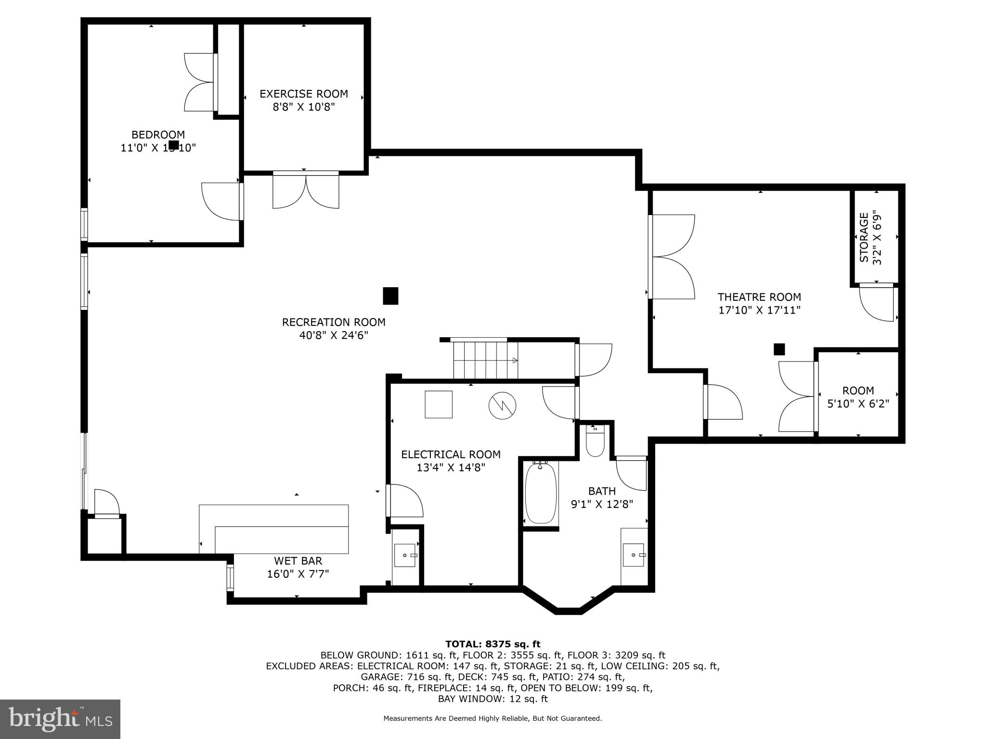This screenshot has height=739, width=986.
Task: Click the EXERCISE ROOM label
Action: (304, 94)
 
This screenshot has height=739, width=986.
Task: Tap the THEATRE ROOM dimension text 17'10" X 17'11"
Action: (759, 310)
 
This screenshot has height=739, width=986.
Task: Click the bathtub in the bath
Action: (541, 493)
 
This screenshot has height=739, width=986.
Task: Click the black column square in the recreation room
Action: (390, 296)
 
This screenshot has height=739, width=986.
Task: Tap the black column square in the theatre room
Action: (779, 349)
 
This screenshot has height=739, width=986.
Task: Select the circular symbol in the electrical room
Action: (502, 406)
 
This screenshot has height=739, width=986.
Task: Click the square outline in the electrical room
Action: (439, 404)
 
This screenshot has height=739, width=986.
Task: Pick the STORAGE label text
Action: (864, 237)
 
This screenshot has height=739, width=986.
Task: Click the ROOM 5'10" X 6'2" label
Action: (858, 397)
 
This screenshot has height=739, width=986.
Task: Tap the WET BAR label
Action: (298, 561)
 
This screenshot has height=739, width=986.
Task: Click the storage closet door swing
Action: (877, 303)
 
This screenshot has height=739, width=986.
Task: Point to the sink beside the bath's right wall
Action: (634, 555)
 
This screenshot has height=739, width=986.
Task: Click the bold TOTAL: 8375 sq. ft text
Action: (493, 644)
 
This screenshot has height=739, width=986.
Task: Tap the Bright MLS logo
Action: (60, 719)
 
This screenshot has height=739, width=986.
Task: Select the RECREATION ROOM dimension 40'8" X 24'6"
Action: (334, 335)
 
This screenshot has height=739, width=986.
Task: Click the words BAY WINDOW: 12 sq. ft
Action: (493, 699)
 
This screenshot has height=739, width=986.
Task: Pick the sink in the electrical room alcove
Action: (405, 555)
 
